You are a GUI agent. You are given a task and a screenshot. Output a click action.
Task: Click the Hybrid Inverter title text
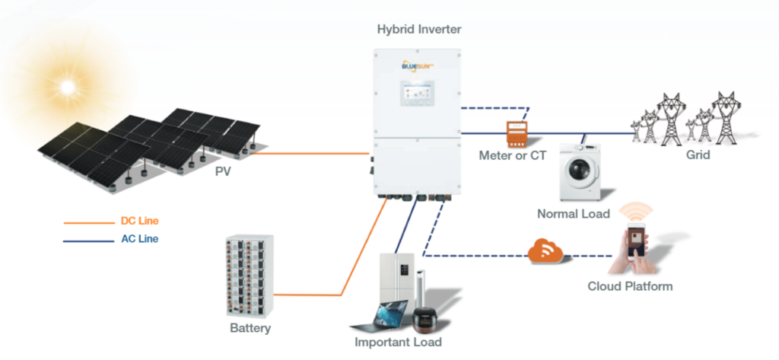pyautogui.click(x=419, y=29)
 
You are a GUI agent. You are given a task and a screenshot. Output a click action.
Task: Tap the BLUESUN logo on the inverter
pyautogui.click(x=418, y=67)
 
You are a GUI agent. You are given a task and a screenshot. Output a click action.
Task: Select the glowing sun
pyautogui.click(x=68, y=87)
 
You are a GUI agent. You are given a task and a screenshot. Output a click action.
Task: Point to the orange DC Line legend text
pyautogui.click(x=139, y=221)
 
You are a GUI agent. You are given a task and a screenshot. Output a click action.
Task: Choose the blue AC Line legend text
pyautogui.click(x=139, y=238)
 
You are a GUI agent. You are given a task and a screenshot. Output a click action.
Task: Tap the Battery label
pyautogui.click(x=250, y=329)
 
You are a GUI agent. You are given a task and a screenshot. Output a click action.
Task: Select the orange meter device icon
pyautogui.click(x=517, y=134)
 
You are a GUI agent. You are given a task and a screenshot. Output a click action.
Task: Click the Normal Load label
pyautogui.click(x=573, y=214)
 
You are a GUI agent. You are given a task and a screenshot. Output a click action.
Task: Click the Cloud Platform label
pyautogui.click(x=630, y=287)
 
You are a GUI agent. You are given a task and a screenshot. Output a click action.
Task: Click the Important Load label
pyautogui.click(x=398, y=342)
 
